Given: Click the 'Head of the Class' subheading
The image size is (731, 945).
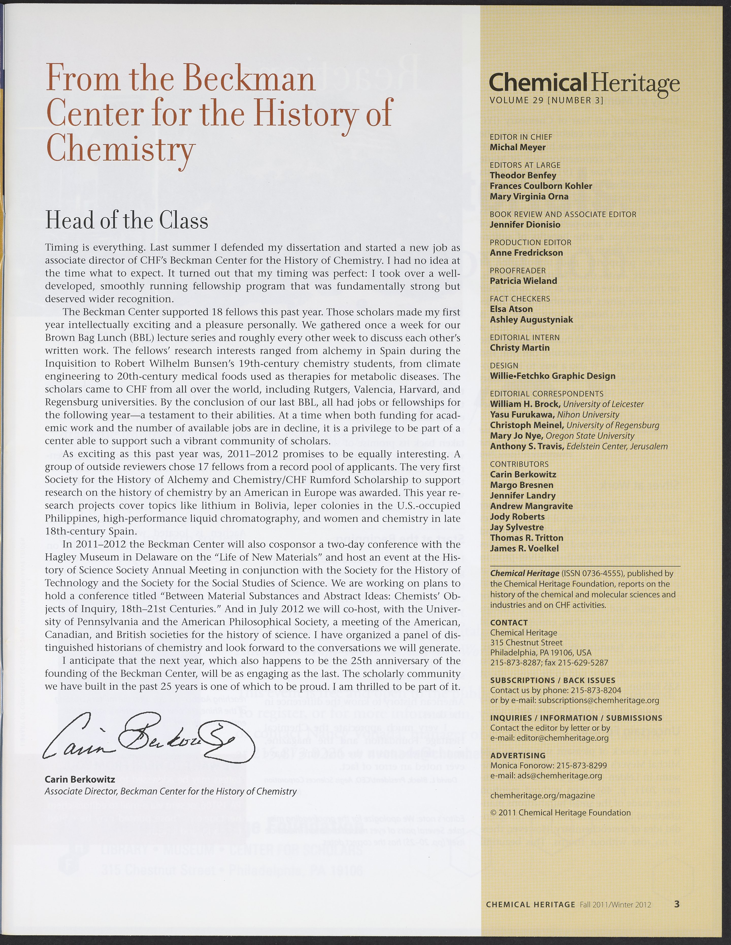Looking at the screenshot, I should coord(126,221).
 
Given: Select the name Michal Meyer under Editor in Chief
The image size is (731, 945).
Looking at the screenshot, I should coord(517,147).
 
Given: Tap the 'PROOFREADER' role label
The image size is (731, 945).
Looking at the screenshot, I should coord(518,270).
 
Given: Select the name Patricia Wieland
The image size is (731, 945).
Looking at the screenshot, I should coord(523,281).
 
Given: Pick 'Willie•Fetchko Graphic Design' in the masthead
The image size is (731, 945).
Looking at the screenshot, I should coord(552,376).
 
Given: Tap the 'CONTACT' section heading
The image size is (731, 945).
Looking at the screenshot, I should coord(509,623).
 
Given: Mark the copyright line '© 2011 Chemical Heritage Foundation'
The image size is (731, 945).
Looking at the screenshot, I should coord(560,813).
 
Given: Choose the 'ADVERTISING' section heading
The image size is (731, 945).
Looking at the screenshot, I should coord(518,755).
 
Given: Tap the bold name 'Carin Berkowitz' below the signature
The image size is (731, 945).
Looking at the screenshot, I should coord(80,779).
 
